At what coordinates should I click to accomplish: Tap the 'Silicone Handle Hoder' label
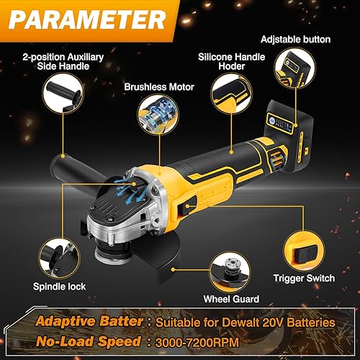point(230,61)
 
